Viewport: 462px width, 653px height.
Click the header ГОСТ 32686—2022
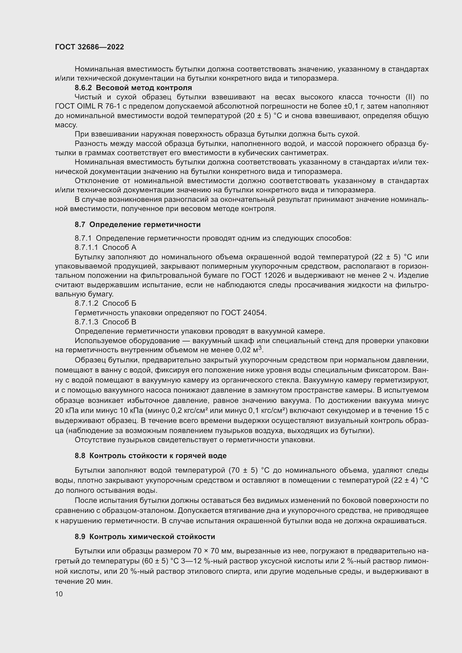tap(89, 47)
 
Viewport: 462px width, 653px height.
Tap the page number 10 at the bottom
tap(59, 594)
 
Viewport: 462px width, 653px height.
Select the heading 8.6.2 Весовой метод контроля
tap(133, 88)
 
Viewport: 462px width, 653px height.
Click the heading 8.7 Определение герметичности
tap(138, 225)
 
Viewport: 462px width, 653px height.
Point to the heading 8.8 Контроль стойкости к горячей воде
tap(151, 456)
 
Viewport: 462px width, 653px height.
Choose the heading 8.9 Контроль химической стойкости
tap(145, 537)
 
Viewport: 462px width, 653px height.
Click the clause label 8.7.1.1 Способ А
tap(106, 247)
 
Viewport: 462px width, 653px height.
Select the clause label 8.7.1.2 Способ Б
tap(106, 303)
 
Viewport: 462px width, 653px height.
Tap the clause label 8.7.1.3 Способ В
tap(106, 322)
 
